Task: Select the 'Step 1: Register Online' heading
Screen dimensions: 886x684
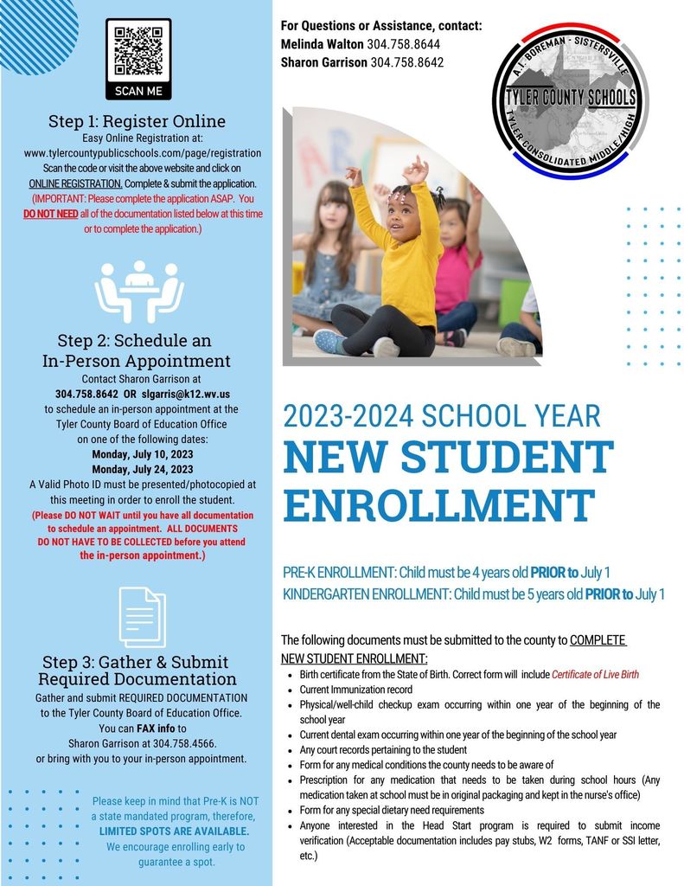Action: coord(138,120)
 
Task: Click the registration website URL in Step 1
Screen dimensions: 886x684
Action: coord(143,153)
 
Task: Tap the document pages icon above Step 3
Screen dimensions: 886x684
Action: coord(141,613)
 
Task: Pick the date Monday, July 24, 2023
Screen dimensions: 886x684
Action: coord(141,469)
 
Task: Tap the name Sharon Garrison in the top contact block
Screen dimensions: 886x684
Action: coord(324,62)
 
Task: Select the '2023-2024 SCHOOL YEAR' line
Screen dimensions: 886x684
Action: coord(441,416)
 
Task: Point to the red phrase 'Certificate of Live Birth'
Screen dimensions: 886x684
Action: coord(595,674)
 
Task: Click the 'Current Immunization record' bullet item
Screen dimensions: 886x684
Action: coord(356,690)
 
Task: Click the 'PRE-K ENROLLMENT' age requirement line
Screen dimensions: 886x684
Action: coord(446,572)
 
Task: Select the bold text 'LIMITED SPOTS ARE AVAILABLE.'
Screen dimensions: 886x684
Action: coord(174,831)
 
